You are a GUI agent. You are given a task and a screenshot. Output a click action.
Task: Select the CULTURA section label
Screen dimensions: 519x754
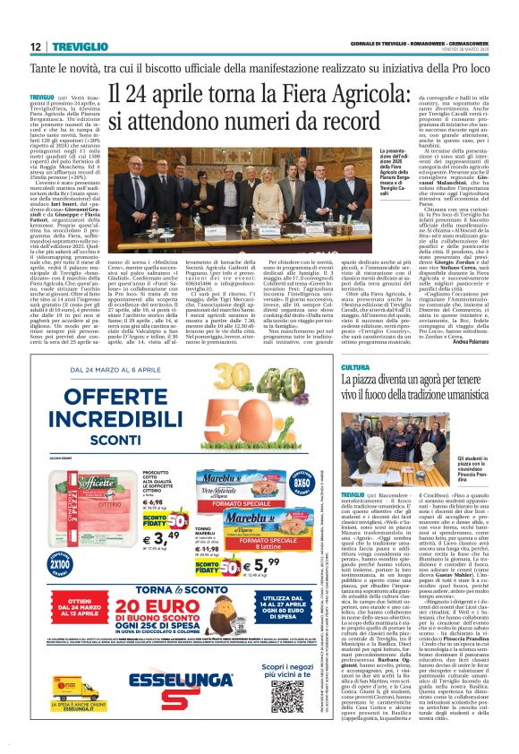[354, 367]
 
